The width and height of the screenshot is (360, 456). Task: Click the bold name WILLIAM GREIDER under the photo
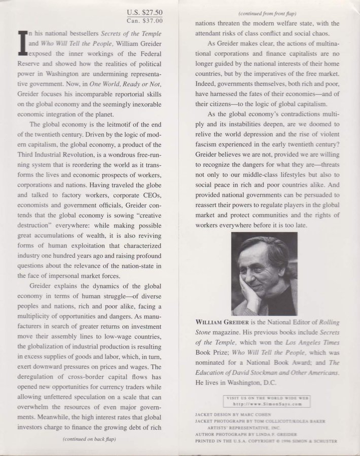click(221, 322)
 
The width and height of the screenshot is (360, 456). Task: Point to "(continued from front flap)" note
click(268, 14)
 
